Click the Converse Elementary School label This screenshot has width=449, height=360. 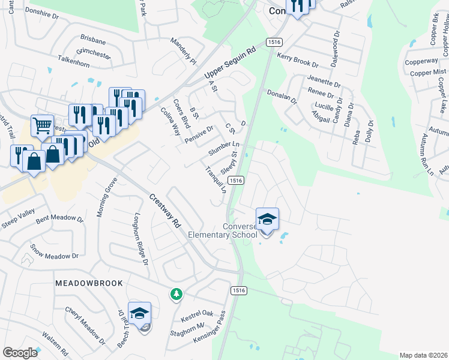click(223, 230)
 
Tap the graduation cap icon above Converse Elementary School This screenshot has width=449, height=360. click(267, 220)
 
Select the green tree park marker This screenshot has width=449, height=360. click(176, 294)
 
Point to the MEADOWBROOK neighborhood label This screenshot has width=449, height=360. click(89, 283)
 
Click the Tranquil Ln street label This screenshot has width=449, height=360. click(215, 179)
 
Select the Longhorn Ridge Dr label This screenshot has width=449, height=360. click(140, 238)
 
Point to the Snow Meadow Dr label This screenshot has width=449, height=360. click(55, 251)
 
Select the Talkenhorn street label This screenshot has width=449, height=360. click(77, 59)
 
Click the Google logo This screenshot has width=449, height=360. click(20, 353)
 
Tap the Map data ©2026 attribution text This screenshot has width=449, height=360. click(423, 355)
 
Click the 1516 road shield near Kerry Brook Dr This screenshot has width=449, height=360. click(274, 42)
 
